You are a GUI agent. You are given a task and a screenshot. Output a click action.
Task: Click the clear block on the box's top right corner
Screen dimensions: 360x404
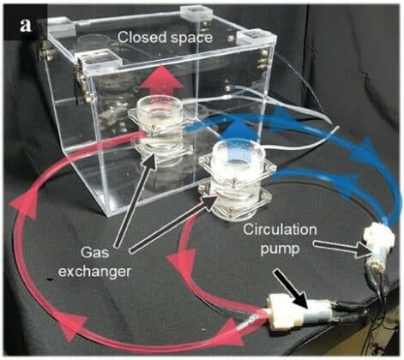pyautogui.click(x=256, y=38)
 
